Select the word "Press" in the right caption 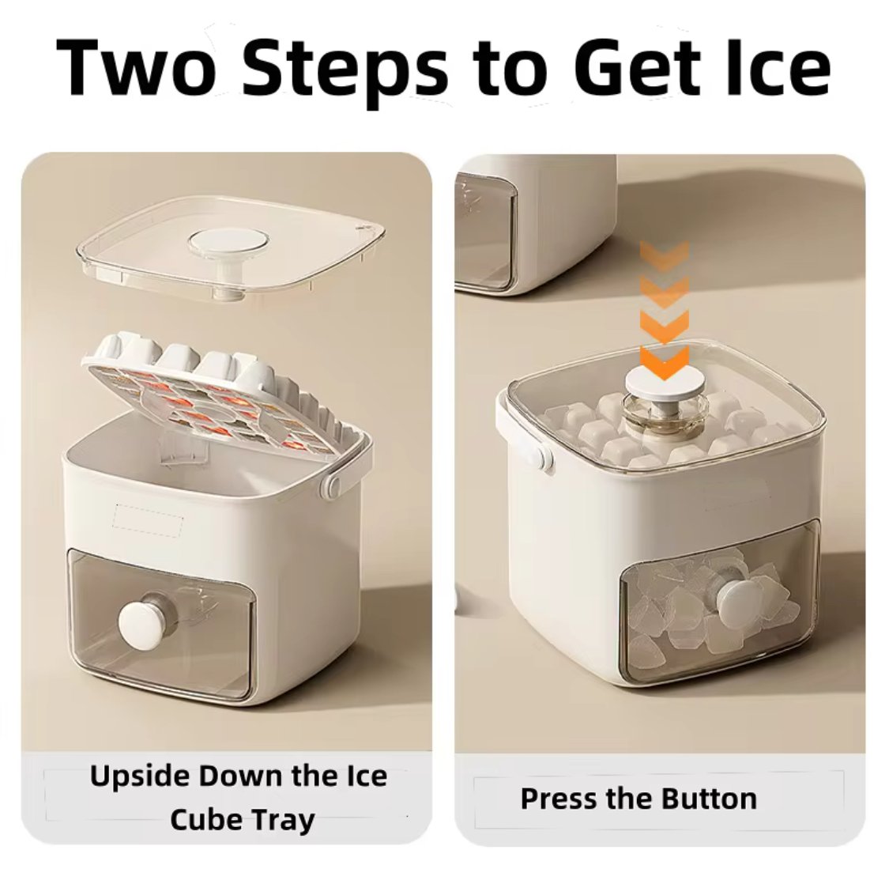[x=559, y=799]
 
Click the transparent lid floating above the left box [x=229, y=245]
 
